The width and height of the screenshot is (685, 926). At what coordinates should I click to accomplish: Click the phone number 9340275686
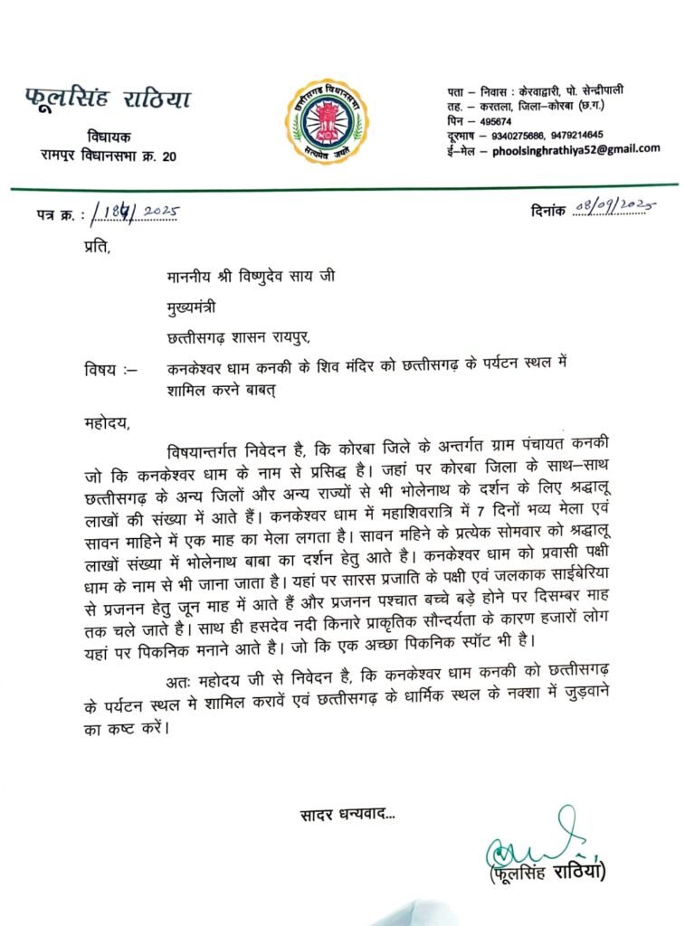click(519, 135)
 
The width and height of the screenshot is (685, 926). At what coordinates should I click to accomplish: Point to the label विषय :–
click(107, 369)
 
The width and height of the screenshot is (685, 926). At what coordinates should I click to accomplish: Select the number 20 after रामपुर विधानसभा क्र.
click(168, 156)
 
